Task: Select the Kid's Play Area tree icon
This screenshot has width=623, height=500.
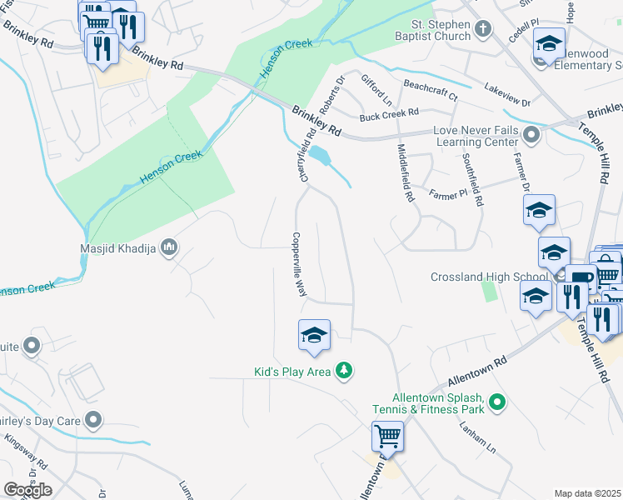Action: tap(343, 371)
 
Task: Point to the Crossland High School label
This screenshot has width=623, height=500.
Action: tap(489, 277)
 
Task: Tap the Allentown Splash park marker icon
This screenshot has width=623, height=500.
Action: tap(498, 403)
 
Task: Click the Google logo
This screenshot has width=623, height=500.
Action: tap(27, 490)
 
